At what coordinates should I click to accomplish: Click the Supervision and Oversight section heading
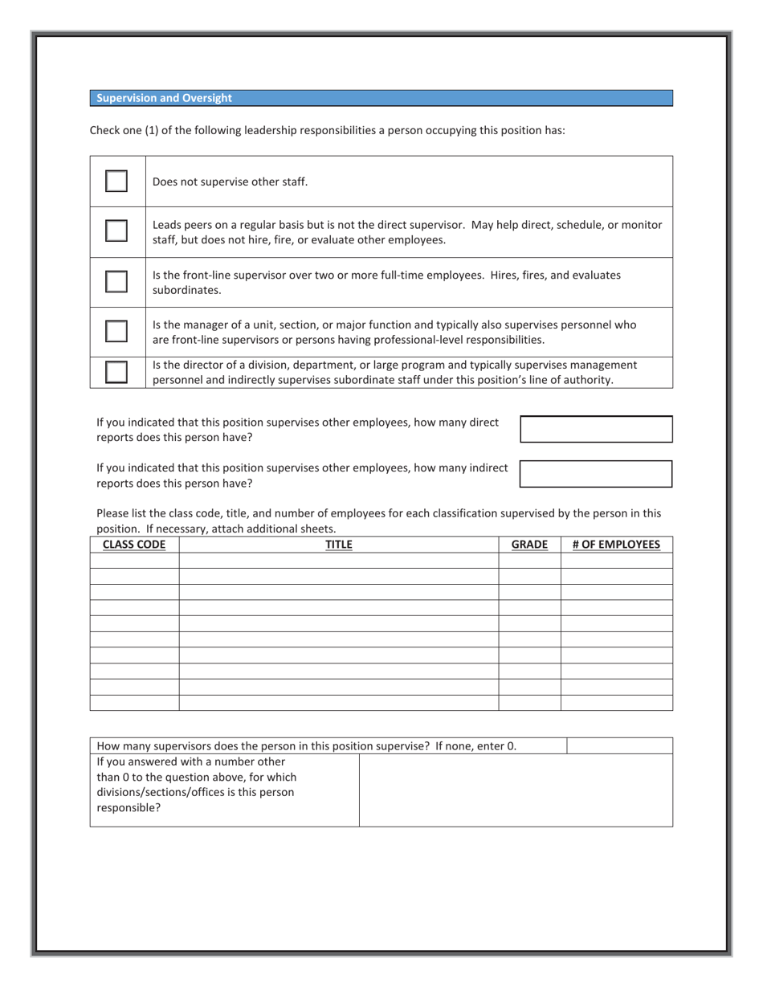click(x=164, y=98)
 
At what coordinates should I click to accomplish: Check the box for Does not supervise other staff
click(x=116, y=181)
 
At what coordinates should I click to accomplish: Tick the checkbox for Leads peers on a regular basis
click(x=116, y=231)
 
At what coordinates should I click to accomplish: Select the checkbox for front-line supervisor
click(x=116, y=281)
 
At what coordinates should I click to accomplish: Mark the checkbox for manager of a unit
click(x=116, y=331)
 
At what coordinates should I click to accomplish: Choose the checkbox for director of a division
click(x=116, y=372)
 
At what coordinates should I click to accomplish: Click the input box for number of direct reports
click(x=596, y=429)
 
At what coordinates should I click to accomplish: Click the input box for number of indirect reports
click(x=596, y=474)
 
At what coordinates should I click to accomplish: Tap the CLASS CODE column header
click(x=134, y=545)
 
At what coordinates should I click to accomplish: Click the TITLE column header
click(x=338, y=545)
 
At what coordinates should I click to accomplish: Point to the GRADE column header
click(x=529, y=545)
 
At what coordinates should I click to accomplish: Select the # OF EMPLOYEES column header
click(x=616, y=545)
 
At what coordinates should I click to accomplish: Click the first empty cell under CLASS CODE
click(x=134, y=561)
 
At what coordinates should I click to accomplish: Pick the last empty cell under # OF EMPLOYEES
click(x=616, y=703)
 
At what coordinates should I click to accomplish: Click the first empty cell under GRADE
click(x=529, y=561)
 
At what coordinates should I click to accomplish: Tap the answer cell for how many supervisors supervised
click(x=619, y=745)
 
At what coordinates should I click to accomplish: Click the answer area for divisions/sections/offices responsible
click(x=516, y=790)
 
